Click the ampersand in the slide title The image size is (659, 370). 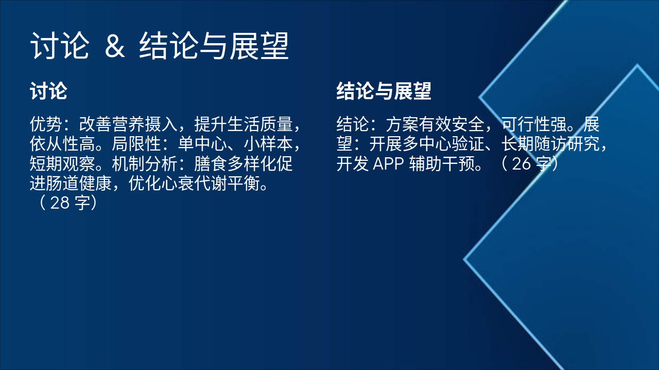(115, 47)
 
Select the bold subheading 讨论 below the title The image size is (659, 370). (48, 91)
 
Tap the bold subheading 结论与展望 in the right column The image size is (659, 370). (384, 91)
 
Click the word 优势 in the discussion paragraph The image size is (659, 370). (46, 124)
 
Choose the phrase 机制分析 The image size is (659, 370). (145, 164)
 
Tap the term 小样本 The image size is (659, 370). (260, 144)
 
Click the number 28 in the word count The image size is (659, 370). (60, 203)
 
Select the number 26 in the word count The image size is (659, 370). (522, 164)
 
